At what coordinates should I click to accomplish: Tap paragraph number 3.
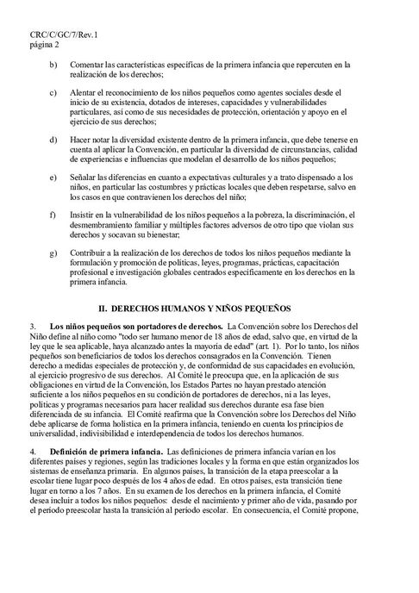(x=32, y=328)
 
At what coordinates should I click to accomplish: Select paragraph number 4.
(x=32, y=449)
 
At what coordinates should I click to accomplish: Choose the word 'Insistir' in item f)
(x=90, y=212)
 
